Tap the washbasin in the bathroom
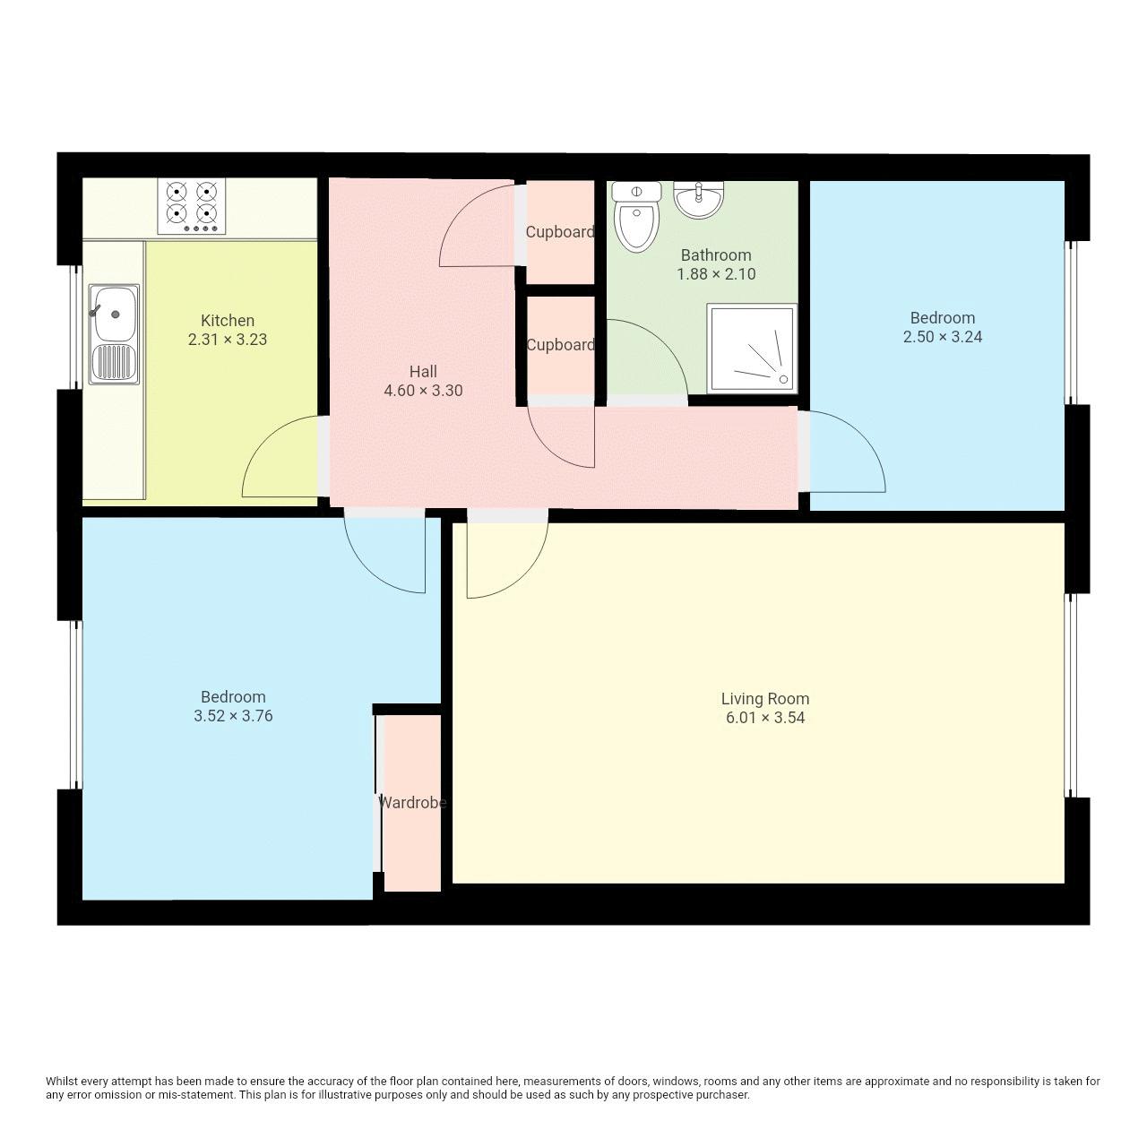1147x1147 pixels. (x=698, y=199)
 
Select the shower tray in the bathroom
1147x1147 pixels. (x=751, y=349)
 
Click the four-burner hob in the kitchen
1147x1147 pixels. (x=192, y=205)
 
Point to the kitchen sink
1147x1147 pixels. (x=114, y=334)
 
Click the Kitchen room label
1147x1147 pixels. (x=228, y=320)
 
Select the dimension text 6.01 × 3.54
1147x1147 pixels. (x=765, y=718)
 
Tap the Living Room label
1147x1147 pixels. (x=765, y=698)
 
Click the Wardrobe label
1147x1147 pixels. (x=411, y=803)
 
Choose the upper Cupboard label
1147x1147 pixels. (x=560, y=232)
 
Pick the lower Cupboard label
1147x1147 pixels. (x=560, y=345)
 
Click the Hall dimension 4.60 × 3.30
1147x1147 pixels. (x=423, y=391)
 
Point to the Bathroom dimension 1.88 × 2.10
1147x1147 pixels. (x=716, y=274)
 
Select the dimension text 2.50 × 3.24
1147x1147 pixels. (x=942, y=337)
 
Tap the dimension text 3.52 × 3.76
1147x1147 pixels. (x=233, y=716)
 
